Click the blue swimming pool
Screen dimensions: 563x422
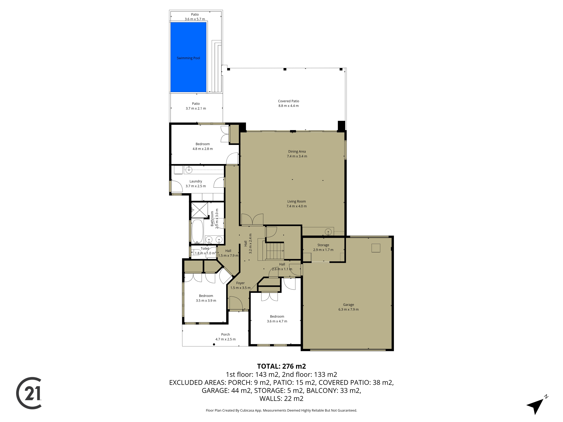point(188,57)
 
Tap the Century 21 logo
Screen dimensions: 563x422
point(29,393)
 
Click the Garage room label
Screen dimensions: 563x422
point(348,305)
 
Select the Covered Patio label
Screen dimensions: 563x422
point(288,101)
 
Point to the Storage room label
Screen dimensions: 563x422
point(323,245)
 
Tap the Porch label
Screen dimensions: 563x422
point(225,335)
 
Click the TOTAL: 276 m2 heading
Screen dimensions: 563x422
point(281,366)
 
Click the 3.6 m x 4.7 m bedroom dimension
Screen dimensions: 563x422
point(277,321)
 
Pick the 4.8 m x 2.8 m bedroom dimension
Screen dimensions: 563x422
point(203,149)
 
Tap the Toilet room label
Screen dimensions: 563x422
point(205,249)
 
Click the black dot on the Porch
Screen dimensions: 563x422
point(214,344)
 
